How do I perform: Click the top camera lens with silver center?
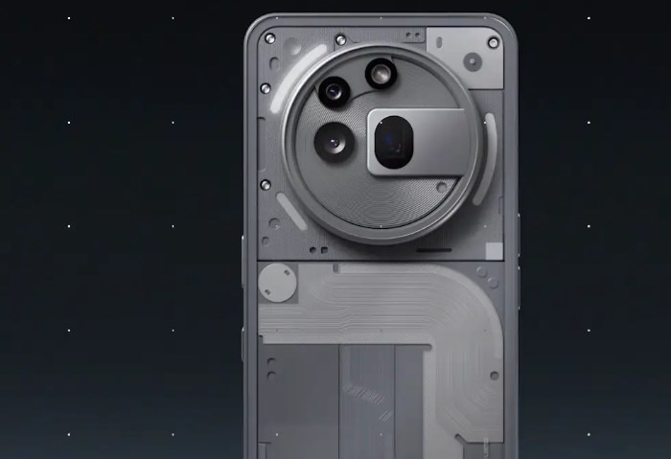[x=380, y=72]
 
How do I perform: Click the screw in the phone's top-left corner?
[x=269, y=37]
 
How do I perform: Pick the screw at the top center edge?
[x=340, y=39]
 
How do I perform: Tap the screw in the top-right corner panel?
[x=493, y=42]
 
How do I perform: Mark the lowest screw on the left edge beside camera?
[x=266, y=184]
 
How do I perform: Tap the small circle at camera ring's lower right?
[x=441, y=188]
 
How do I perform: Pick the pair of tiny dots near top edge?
[x=411, y=35]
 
